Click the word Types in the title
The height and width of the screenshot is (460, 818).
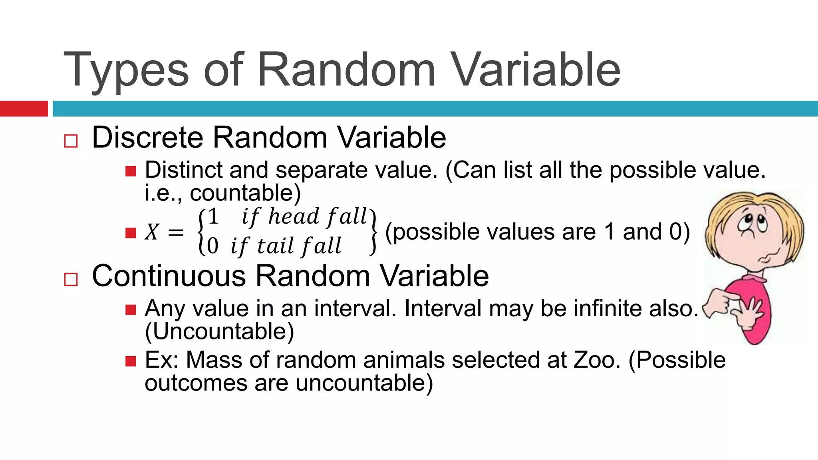tap(126, 71)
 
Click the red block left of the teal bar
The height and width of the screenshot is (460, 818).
tap(24, 109)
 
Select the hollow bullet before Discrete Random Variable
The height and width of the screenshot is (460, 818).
tap(71, 141)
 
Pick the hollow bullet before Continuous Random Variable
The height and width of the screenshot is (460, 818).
tap(71, 280)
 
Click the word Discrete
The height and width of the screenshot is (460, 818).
tap(147, 137)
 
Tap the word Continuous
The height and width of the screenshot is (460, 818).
tap(169, 276)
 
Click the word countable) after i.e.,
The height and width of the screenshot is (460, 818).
tap(245, 193)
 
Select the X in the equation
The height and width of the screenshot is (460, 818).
tap(152, 232)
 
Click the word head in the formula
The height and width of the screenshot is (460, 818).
tap(294, 217)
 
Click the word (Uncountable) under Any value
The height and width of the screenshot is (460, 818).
tap(219, 331)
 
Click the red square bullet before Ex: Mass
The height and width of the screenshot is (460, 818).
tap(131, 361)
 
